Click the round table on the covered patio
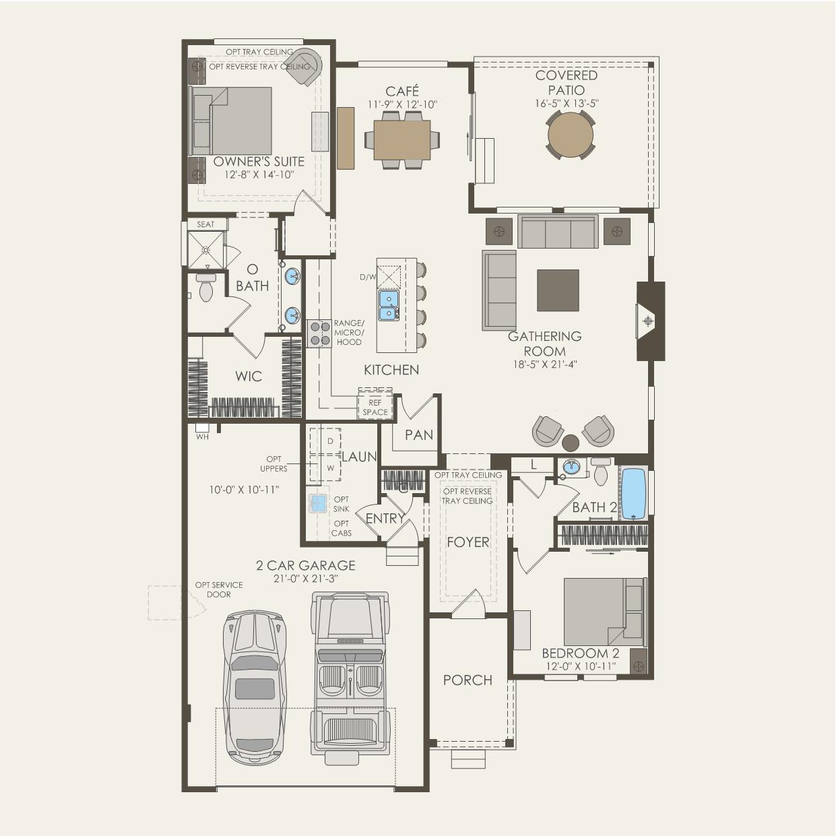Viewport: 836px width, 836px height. point(570,135)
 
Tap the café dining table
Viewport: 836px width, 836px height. point(402,139)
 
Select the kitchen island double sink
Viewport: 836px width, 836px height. point(389,305)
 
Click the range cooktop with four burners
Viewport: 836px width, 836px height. point(319,333)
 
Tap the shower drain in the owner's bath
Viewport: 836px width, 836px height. point(205,250)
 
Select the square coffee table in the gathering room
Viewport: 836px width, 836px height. point(558,290)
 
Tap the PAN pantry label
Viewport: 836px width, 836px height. point(419,435)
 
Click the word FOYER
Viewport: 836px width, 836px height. point(468,542)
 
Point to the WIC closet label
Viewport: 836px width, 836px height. point(249,376)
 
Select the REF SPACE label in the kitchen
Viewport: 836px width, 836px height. point(375,408)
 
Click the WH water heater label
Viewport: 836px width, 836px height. point(202,437)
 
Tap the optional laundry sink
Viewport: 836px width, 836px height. point(319,503)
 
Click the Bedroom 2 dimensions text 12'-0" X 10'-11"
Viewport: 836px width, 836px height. point(581,666)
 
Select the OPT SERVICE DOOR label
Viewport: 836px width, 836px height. point(219,589)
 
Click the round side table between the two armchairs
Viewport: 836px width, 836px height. point(571,443)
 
